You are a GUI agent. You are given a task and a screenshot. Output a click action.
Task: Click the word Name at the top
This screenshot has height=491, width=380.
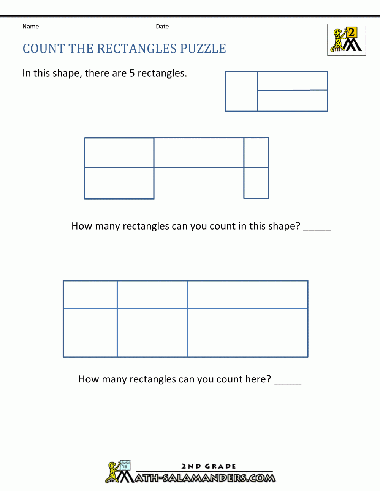[x=30, y=27]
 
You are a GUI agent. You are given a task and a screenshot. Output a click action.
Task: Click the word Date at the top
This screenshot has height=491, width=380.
[x=162, y=27]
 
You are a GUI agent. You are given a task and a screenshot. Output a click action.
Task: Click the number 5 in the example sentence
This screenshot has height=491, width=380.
[x=132, y=73]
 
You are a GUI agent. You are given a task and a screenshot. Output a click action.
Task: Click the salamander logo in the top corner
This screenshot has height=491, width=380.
[x=346, y=40]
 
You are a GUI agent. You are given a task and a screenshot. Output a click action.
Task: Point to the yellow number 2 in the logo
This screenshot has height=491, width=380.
[x=351, y=33]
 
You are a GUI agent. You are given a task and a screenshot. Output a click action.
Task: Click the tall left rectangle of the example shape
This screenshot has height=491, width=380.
[x=241, y=91]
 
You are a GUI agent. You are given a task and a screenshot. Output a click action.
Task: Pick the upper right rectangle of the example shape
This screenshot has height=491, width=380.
[x=293, y=80]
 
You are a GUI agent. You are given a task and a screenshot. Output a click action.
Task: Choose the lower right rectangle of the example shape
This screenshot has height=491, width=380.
[x=293, y=101]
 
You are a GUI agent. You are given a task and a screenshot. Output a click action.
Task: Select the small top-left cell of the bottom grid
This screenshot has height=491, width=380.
[x=90, y=294]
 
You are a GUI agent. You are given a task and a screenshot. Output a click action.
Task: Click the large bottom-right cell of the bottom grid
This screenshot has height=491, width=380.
[x=247, y=333]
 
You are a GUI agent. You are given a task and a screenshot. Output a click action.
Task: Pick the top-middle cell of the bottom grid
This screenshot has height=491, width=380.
[x=152, y=294]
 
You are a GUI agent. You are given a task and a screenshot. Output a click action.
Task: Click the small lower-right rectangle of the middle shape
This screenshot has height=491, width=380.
[x=256, y=183]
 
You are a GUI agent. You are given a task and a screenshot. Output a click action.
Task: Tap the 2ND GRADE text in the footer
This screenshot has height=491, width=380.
[x=209, y=466]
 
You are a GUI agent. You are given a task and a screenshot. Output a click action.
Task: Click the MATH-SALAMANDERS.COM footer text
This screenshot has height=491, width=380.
[x=205, y=478]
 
